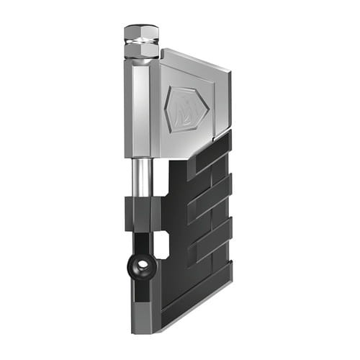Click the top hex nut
141,33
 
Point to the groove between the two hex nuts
141,42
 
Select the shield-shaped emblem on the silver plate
186,109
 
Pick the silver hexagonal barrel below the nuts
141,108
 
